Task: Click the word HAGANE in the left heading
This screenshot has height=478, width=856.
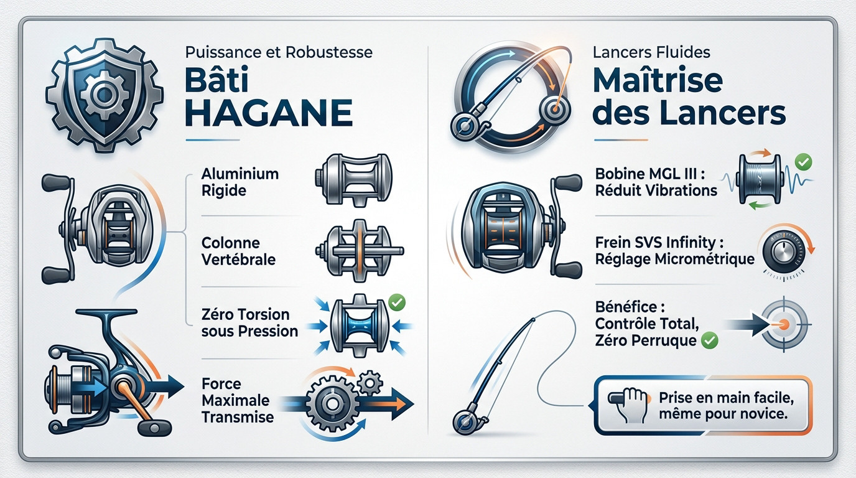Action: pos(269,115)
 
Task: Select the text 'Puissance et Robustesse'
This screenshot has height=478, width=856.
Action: pos(279,52)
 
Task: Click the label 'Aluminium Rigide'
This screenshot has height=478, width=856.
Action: pos(240,182)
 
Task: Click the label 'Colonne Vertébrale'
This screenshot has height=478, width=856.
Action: pos(239,251)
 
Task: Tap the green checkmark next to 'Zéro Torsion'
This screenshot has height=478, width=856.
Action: pos(396,302)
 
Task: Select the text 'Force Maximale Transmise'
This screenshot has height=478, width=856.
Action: pos(238,400)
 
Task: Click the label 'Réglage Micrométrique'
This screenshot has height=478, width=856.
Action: pos(675,259)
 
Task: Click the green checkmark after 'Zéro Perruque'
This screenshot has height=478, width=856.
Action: pos(709,340)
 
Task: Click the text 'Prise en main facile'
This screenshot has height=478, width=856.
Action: pos(725,396)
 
